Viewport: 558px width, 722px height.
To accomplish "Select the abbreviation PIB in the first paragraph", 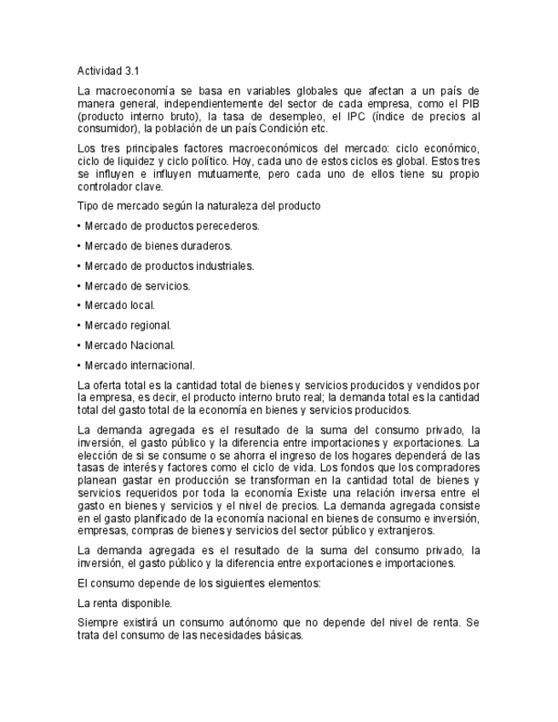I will pyautogui.click(x=470, y=103).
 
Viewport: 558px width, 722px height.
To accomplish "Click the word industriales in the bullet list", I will pyautogui.click(x=225, y=266).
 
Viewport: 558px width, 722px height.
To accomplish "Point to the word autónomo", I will pyautogui.click(x=236, y=622).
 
